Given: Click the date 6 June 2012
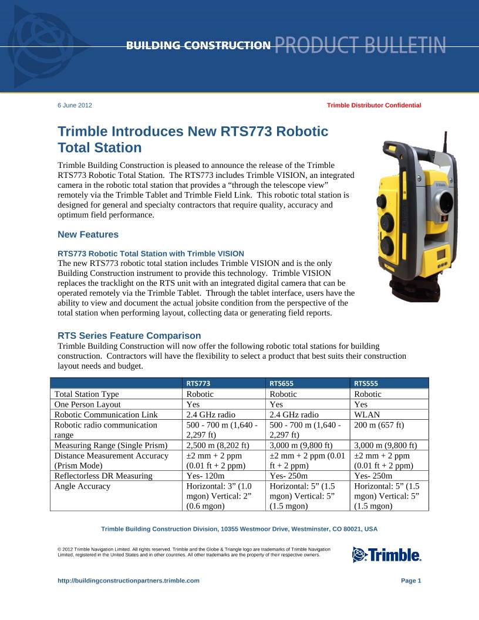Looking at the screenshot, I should click(x=75, y=105).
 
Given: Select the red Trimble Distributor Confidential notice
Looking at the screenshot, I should click(x=374, y=105).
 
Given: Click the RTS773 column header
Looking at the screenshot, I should click(x=198, y=383).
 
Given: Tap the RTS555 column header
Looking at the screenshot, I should click(x=366, y=383).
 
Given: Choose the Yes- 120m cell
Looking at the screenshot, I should click(x=205, y=476).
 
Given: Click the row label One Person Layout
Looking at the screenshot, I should click(x=87, y=404).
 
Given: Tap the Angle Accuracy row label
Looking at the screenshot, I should click(x=82, y=486).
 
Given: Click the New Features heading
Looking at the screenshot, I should click(x=88, y=235).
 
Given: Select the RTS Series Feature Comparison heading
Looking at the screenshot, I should click(x=129, y=336).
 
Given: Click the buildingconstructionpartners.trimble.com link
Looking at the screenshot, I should click(x=129, y=581).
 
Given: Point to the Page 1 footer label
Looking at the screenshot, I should click(x=411, y=581).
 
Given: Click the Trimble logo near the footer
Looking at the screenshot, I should click(x=386, y=554).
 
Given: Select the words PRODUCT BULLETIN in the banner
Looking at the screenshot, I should click(x=360, y=45).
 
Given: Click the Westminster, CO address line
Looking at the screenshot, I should click(x=239, y=529).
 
